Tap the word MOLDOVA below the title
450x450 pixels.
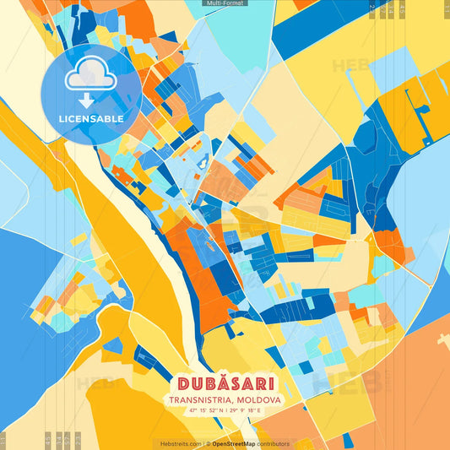[258, 399]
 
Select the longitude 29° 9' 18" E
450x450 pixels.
[247, 410]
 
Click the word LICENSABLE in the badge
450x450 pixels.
[91, 119]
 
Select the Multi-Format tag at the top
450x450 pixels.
[225, 3]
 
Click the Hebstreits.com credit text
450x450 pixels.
[182, 443]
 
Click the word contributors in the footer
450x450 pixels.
[274, 443]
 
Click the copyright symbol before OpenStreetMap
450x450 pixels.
[209, 443]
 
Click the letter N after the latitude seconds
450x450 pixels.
[220, 410]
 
